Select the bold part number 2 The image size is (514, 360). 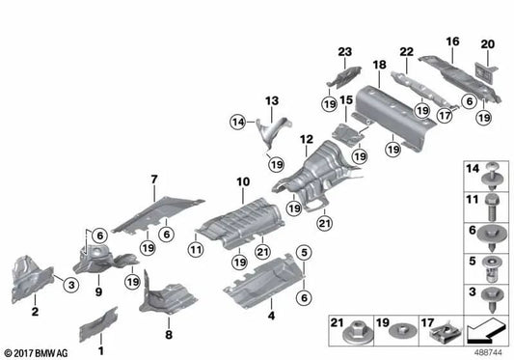35,313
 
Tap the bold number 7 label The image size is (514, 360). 152,179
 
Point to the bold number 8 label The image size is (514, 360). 170,335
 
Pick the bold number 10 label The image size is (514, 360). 244,180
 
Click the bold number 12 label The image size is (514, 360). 306,139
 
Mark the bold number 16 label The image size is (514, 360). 452,42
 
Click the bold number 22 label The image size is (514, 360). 406,51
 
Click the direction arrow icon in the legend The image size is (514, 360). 486,332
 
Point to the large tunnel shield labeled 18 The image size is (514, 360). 391,110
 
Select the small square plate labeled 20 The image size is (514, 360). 484,69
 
